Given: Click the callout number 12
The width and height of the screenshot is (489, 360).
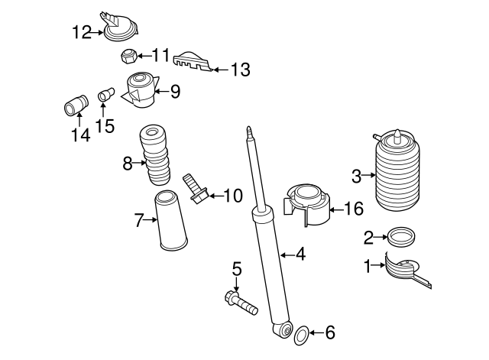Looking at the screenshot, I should [82, 32].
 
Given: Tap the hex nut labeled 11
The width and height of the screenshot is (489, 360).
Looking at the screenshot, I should [128, 56].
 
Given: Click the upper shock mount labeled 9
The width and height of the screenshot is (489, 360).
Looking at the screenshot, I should [140, 91].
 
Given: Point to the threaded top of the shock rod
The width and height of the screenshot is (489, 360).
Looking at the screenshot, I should [250, 135].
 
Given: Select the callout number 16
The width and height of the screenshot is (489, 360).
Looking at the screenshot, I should [354, 208].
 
